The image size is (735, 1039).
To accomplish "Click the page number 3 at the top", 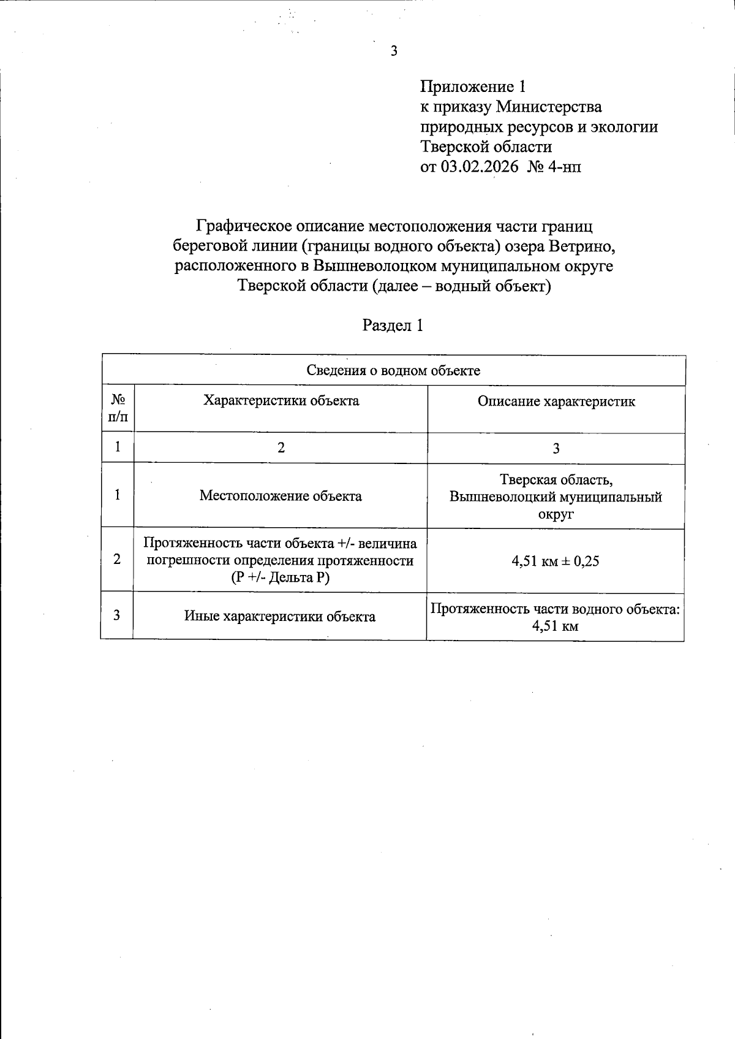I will (394, 51).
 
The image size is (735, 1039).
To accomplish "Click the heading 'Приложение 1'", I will (473, 86).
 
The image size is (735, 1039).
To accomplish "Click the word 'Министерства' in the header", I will (549, 107).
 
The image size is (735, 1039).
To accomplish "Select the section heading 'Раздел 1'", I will (393, 325).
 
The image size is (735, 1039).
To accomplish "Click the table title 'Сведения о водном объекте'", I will (393, 370).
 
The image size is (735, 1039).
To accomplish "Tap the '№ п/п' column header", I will (118, 409).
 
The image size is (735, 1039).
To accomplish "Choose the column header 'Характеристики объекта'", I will (281, 401).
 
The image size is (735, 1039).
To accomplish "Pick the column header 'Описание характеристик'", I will (556, 402).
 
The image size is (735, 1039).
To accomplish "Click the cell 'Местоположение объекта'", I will (281, 496).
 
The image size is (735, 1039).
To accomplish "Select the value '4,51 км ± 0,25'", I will (556, 560).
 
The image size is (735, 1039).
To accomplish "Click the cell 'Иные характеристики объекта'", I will (280, 617).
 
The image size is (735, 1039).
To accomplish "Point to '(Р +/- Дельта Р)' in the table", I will (281, 577).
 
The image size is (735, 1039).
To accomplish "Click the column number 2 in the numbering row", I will (281, 448).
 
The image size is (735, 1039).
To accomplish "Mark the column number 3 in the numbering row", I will (556, 449).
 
